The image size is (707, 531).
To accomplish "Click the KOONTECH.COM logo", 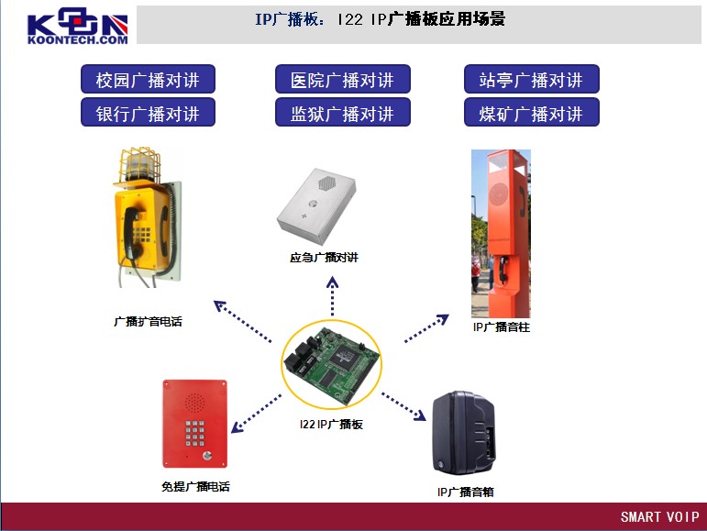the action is [x=78, y=26].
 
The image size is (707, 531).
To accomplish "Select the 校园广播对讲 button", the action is [x=148, y=80].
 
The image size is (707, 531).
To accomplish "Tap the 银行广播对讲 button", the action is [x=148, y=113].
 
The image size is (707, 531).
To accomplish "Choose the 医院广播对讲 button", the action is [x=343, y=80].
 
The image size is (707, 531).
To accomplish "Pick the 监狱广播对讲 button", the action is [x=343, y=113].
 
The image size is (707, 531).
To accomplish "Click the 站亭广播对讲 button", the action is [x=532, y=80].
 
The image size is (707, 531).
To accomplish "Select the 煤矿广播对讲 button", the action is [x=532, y=113].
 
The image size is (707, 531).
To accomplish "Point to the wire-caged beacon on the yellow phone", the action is [x=139, y=163].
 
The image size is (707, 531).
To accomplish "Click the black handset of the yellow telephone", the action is [x=131, y=233].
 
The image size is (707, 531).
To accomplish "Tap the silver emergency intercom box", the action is [x=316, y=206].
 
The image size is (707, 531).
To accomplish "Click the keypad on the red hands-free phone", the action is [x=194, y=433].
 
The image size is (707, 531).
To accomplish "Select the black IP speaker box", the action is [x=463, y=433].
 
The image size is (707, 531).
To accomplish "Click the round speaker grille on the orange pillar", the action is [x=498, y=194].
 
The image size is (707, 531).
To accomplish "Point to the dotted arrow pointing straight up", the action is [x=332, y=296].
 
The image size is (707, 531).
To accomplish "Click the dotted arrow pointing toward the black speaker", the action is [x=403, y=406].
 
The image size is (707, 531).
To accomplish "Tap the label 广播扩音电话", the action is [x=148, y=321].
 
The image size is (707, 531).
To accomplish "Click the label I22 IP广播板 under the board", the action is [x=331, y=425].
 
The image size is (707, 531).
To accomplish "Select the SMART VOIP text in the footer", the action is [x=659, y=516].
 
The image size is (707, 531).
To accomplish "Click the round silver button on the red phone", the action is [x=207, y=455].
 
